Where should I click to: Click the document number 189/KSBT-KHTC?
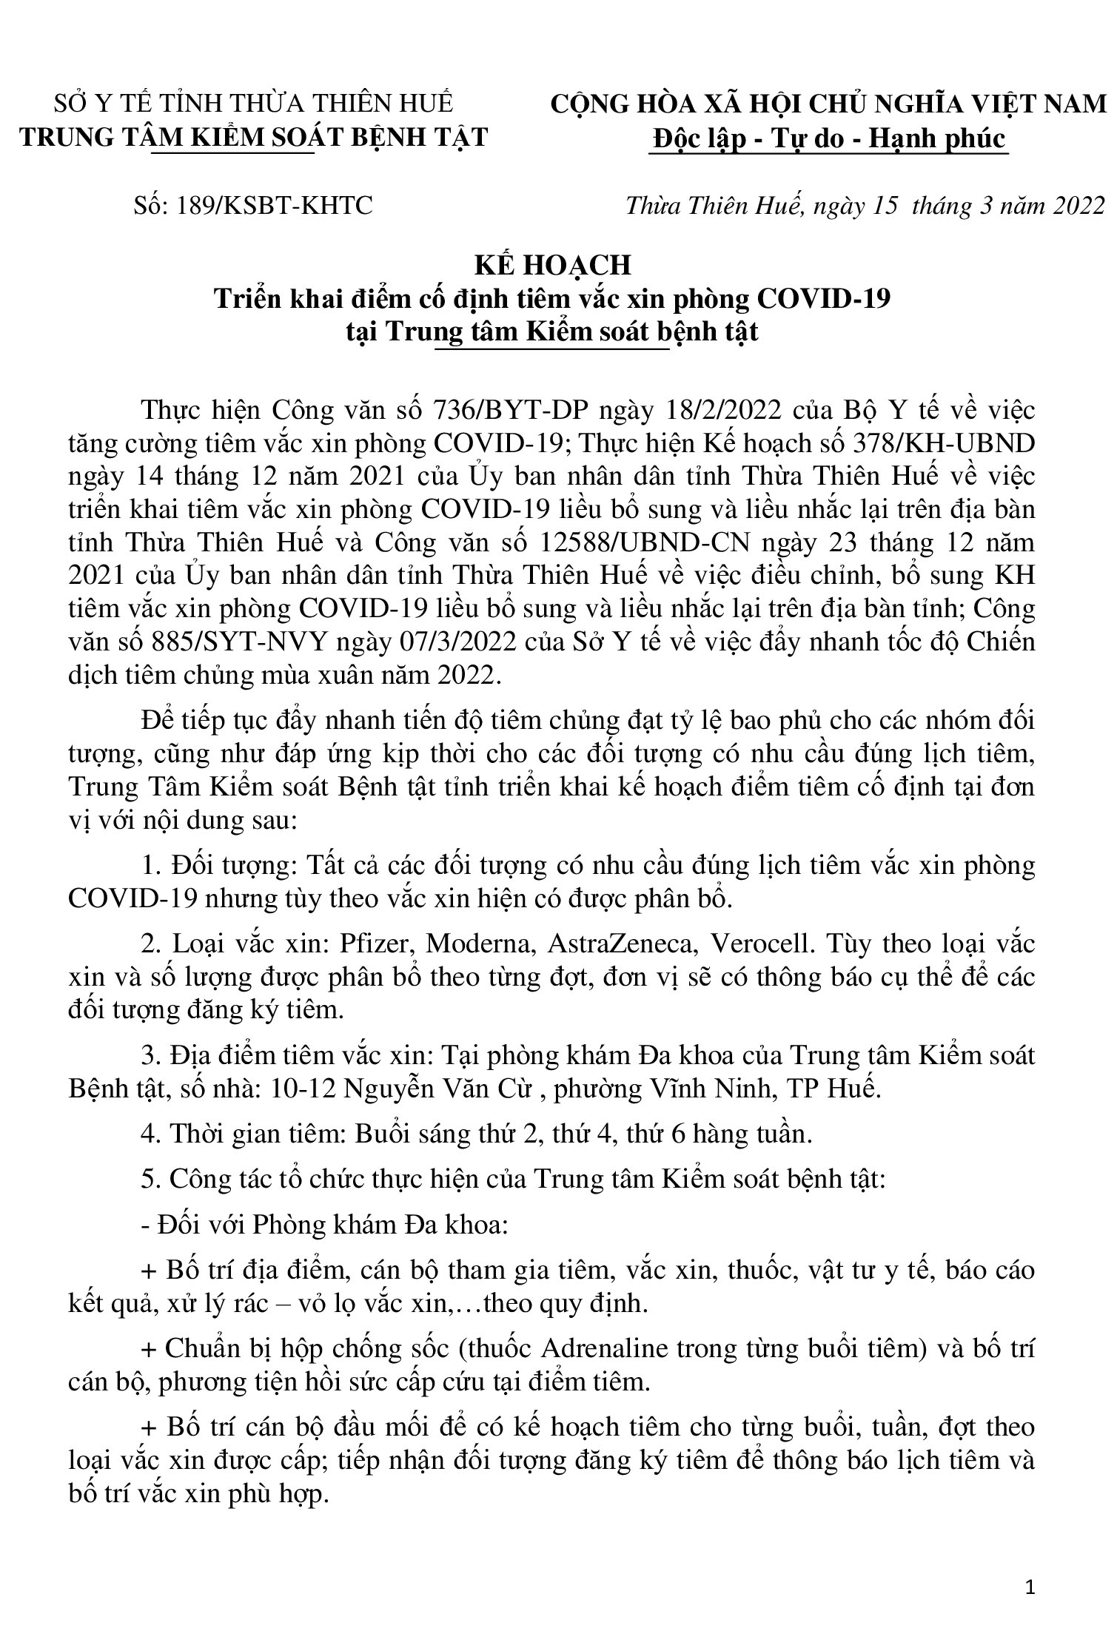click(274, 206)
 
